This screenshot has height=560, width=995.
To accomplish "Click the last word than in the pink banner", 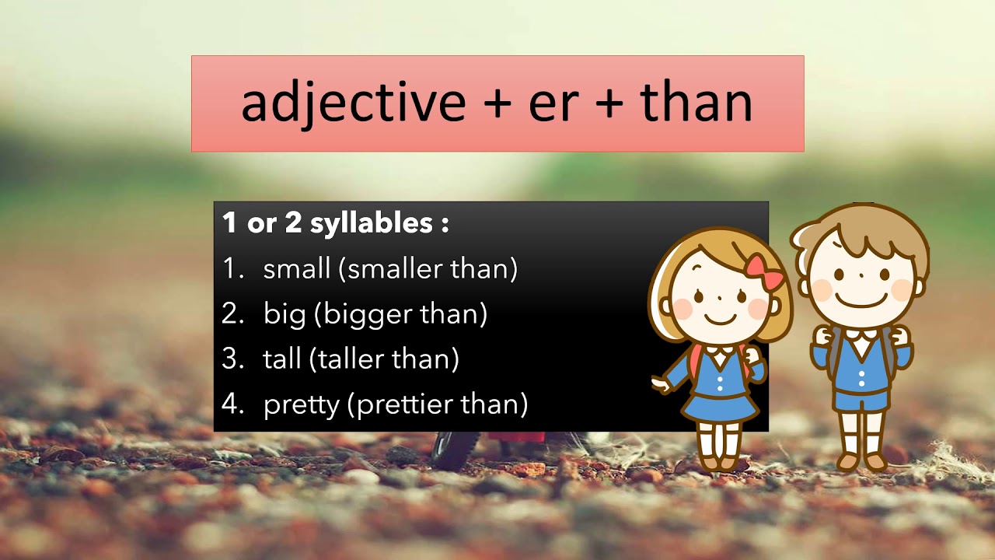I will (x=696, y=103).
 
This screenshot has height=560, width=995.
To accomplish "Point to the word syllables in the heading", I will (x=372, y=224).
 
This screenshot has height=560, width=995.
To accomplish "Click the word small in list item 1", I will (x=297, y=269).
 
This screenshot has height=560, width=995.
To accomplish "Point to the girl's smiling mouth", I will (x=721, y=318).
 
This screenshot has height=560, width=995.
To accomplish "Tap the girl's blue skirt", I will (x=718, y=405).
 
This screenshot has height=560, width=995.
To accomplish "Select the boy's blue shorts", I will (x=861, y=397).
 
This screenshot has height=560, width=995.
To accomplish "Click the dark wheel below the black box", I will (x=449, y=452).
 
